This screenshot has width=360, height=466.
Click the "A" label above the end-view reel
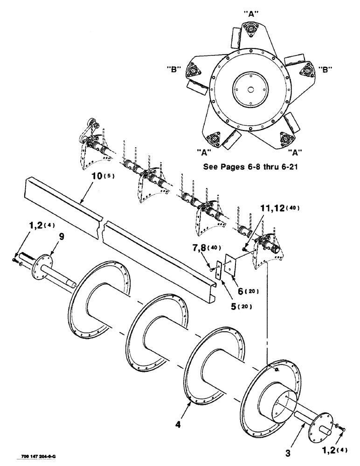[x=251, y=14]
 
